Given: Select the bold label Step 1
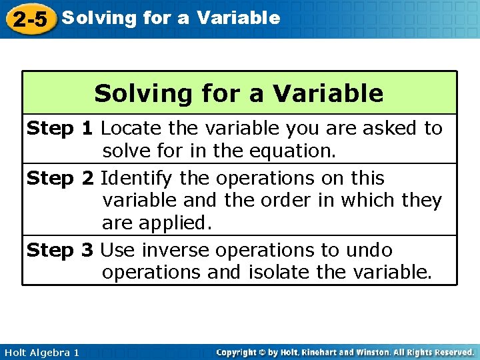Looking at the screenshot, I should (x=59, y=128).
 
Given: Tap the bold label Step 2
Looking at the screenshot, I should (x=59, y=179).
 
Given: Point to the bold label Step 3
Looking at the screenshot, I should (x=59, y=251).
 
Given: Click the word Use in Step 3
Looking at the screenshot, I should (x=117, y=251).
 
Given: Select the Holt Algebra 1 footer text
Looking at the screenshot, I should (x=41, y=352).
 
